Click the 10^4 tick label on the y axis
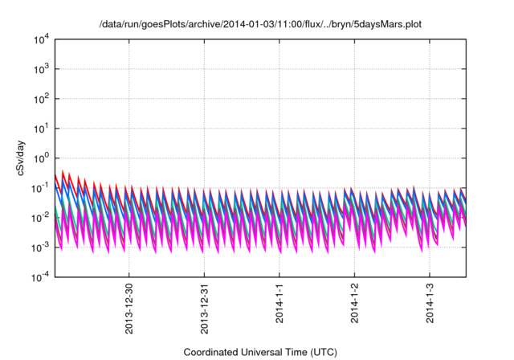[x=41, y=39]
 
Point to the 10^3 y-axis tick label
[x=41, y=68]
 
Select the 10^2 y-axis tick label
[x=41, y=98]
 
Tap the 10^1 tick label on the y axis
[x=41, y=128]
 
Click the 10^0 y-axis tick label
[x=41, y=157]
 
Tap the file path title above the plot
[x=259, y=25]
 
